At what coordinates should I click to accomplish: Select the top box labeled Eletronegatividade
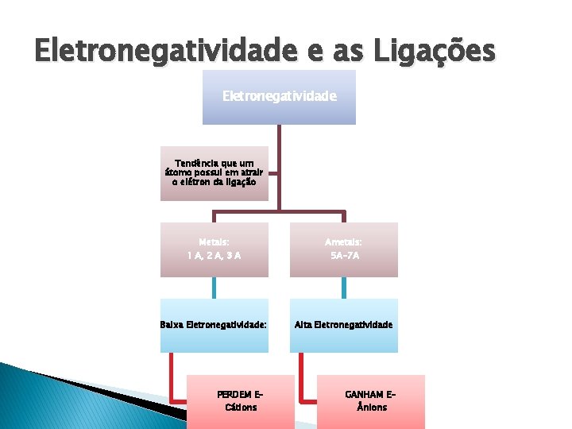tap(279, 96)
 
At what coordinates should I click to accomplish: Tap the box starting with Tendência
tap(214, 172)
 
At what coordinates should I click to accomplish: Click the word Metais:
tap(214, 242)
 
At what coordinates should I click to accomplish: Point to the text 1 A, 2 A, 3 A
tap(214, 256)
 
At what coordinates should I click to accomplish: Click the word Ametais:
tap(343, 242)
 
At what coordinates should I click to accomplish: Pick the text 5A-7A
tap(343, 256)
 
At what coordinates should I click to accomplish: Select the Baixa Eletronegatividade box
tap(214, 325)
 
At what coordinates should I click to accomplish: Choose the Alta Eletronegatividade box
tap(343, 325)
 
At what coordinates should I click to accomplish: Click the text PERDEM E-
tap(240, 394)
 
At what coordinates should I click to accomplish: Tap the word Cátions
tap(240, 408)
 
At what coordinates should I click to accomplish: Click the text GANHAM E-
tap(371, 394)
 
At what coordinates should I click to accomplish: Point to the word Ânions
tap(371, 408)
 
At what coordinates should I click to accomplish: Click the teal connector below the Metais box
tap(214, 288)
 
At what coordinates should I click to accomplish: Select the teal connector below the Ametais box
tap(343, 288)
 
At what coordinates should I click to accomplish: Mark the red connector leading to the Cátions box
tap(172, 381)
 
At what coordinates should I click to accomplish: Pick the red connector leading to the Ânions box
tap(303, 381)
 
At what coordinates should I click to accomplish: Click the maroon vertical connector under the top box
tap(279, 167)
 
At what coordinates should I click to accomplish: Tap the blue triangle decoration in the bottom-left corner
tap(48, 397)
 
